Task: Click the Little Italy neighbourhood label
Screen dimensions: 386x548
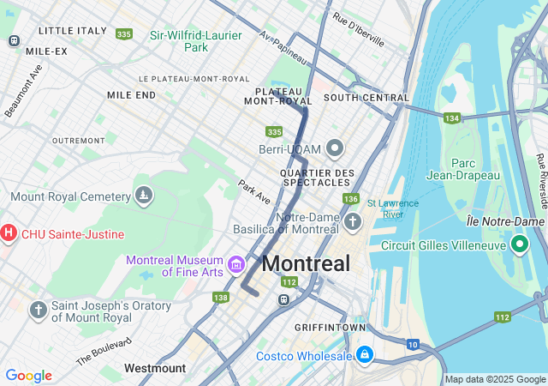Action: (72, 31)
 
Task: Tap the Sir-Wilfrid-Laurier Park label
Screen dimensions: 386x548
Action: (196, 41)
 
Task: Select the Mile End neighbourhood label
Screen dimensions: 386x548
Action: (131, 94)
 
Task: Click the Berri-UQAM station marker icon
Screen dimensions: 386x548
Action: (334, 149)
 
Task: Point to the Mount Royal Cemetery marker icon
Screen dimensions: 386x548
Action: (144, 196)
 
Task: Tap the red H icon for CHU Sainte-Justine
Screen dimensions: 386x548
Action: (9, 233)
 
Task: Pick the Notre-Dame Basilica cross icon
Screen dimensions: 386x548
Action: (353, 223)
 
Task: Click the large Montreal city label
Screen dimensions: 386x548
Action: (306, 263)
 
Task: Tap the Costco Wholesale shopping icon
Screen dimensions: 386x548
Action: (365, 354)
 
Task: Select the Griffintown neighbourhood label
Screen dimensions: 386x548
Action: (330, 328)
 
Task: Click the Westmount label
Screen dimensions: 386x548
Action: (154, 368)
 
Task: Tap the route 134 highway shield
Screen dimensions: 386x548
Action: (452, 118)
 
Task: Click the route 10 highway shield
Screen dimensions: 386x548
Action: (413, 344)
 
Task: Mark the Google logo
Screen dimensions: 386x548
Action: (28, 376)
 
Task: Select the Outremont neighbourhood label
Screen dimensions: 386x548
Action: (78, 140)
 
